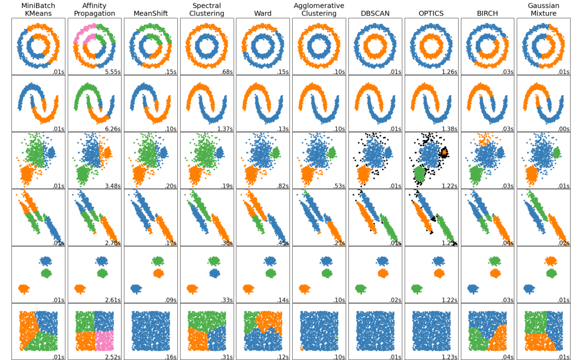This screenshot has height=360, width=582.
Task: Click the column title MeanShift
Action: coord(150,13)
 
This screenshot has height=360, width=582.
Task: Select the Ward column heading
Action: coord(263,13)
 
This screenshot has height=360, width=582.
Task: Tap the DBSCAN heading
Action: coord(375,13)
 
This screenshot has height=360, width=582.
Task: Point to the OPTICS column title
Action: coord(431,13)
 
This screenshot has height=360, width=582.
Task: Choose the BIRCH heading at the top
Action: coord(487,13)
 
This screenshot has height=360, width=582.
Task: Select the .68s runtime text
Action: coord(226,72)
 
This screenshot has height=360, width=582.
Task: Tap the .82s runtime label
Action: coord(282,186)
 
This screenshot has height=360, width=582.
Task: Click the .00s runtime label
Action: coord(563,129)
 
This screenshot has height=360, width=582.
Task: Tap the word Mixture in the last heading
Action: coord(543,13)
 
